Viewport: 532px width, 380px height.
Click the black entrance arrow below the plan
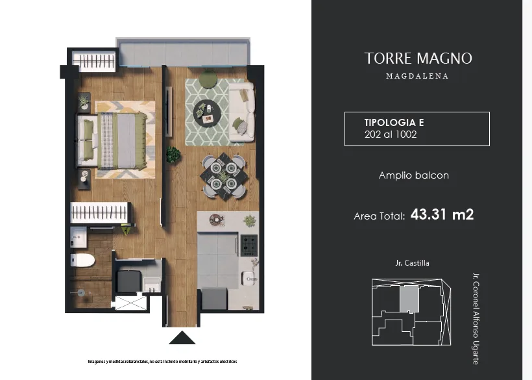[x=182, y=338]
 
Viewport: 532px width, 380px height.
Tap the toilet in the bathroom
[x=82, y=260]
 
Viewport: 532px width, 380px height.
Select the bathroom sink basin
[x=79, y=237]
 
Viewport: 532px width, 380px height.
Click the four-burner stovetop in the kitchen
[x=249, y=245]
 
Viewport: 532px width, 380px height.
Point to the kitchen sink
[x=248, y=279]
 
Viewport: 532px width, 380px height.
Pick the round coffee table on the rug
[x=207, y=113]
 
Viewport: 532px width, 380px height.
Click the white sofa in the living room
[x=241, y=112]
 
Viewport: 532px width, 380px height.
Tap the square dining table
[x=224, y=177]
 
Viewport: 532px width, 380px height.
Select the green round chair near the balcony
[x=208, y=79]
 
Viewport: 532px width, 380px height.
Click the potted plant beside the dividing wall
[x=173, y=155]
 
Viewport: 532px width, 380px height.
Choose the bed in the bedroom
[x=112, y=141]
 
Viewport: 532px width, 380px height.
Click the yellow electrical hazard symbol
[x=127, y=231]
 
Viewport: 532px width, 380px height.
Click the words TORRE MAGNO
[x=418, y=58]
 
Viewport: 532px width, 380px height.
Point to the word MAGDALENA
[x=417, y=76]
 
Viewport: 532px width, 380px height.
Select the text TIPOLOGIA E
[x=394, y=122]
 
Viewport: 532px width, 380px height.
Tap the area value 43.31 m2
[x=442, y=214]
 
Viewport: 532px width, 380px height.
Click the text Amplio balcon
[x=413, y=175]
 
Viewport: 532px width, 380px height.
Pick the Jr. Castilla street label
[x=412, y=263]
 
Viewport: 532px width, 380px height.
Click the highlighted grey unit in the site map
[x=409, y=299]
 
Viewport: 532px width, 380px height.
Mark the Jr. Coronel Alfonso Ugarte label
[x=476, y=318]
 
